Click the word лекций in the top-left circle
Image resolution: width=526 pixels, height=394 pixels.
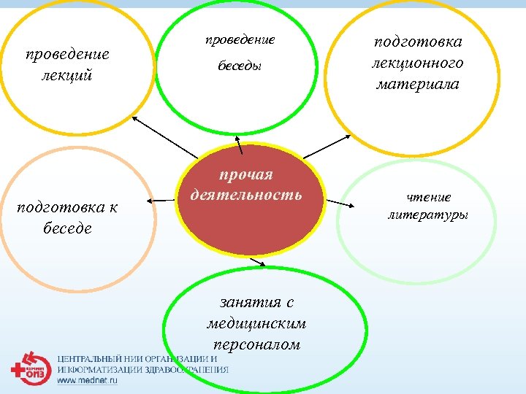click(67, 75)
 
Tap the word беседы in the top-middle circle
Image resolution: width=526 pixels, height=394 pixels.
click(240, 66)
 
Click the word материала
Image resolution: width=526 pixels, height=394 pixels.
click(417, 85)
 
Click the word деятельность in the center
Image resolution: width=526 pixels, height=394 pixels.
click(245, 196)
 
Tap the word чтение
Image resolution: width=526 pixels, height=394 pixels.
click(429, 197)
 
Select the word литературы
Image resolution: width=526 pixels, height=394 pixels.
click(428, 215)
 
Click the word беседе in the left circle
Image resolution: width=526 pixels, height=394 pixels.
click(66, 228)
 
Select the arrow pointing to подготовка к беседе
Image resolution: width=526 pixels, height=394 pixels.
click(161, 200)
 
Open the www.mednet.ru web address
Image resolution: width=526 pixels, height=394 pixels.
click(87, 380)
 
